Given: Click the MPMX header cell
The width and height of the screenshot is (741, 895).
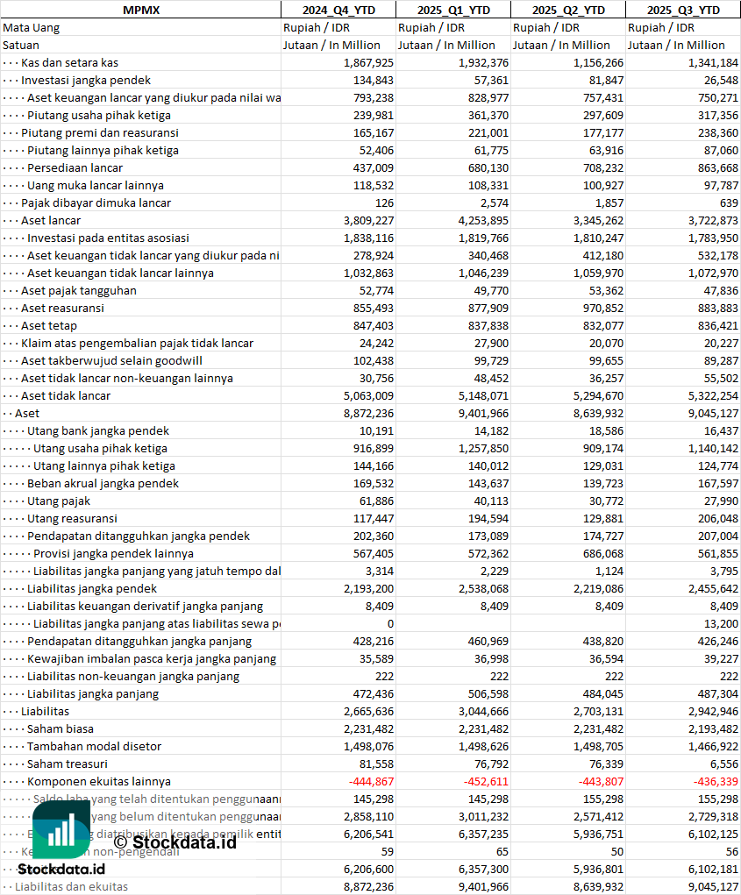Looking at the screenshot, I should click(140, 10).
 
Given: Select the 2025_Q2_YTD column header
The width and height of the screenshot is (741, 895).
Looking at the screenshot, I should click(568, 10).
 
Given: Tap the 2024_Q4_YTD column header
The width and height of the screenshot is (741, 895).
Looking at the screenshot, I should click(338, 10).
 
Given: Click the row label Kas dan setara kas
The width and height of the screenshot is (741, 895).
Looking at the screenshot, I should click(69, 62).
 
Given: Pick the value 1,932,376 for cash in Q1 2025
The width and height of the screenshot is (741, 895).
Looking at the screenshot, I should click(483, 62).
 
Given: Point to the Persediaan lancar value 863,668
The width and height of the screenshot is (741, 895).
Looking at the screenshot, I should click(712, 167).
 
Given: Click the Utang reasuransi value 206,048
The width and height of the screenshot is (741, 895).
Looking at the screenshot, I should click(712, 518).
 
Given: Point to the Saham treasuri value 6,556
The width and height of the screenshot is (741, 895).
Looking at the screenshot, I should click(720, 764).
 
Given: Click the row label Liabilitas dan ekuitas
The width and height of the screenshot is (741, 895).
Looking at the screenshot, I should click(71, 886).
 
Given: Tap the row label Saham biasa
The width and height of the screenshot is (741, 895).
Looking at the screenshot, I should click(61, 728).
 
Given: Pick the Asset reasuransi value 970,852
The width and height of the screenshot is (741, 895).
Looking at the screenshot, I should click(596, 308).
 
